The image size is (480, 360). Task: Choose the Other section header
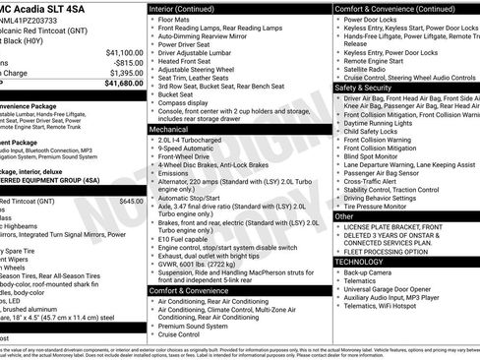point(345,215)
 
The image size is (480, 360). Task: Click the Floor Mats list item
point(178,18)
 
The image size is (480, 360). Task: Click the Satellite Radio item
point(368,69)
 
